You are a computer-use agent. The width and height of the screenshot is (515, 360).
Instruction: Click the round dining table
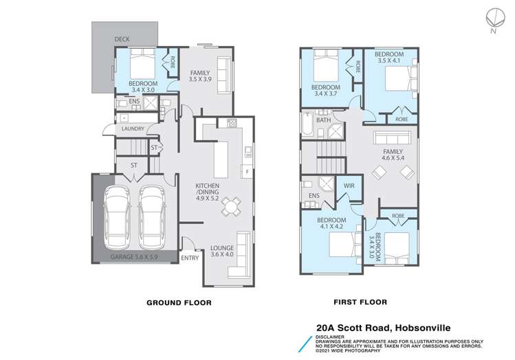pyautogui.click(x=232, y=206)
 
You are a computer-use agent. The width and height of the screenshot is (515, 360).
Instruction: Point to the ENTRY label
pyautogui.click(x=190, y=258)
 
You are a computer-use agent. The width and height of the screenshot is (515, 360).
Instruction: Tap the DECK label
pyautogui.click(x=122, y=40)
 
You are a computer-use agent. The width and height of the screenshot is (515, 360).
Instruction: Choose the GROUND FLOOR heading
pyautogui.click(x=178, y=302)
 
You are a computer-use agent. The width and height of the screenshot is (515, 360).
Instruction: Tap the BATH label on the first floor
pyautogui.click(x=323, y=120)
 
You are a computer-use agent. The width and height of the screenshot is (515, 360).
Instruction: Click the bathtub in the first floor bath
pyautogui.click(x=307, y=128)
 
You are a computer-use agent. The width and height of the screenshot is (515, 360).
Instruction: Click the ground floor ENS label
pyautogui.click(x=135, y=102)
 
